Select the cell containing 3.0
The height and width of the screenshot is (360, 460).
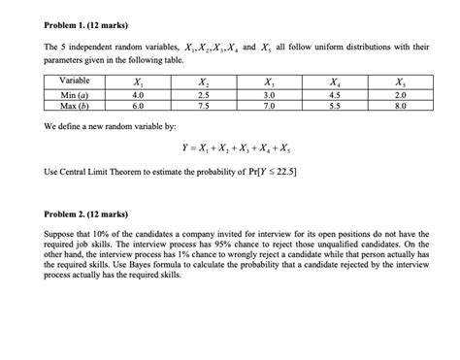coord(269,94)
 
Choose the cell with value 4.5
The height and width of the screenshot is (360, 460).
coord(335,94)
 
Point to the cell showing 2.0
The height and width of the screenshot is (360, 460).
coord(401,94)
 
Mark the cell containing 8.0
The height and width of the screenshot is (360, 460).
coord(401,105)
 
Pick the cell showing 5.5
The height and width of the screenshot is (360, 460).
coord(335,105)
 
